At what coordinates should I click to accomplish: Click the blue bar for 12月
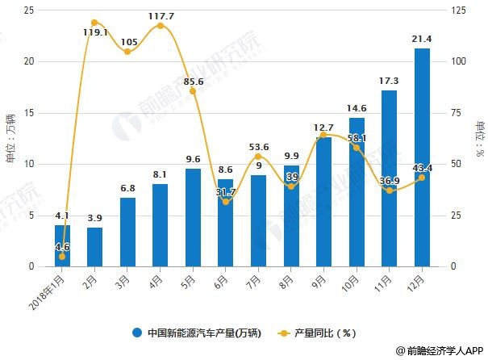(422, 157)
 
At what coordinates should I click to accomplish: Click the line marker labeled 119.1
(95, 23)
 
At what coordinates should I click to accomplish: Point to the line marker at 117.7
(161, 26)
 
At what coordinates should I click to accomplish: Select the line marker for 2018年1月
(62, 257)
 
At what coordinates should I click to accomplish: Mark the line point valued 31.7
(226, 201)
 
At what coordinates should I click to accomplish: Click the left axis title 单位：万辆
(10, 138)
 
